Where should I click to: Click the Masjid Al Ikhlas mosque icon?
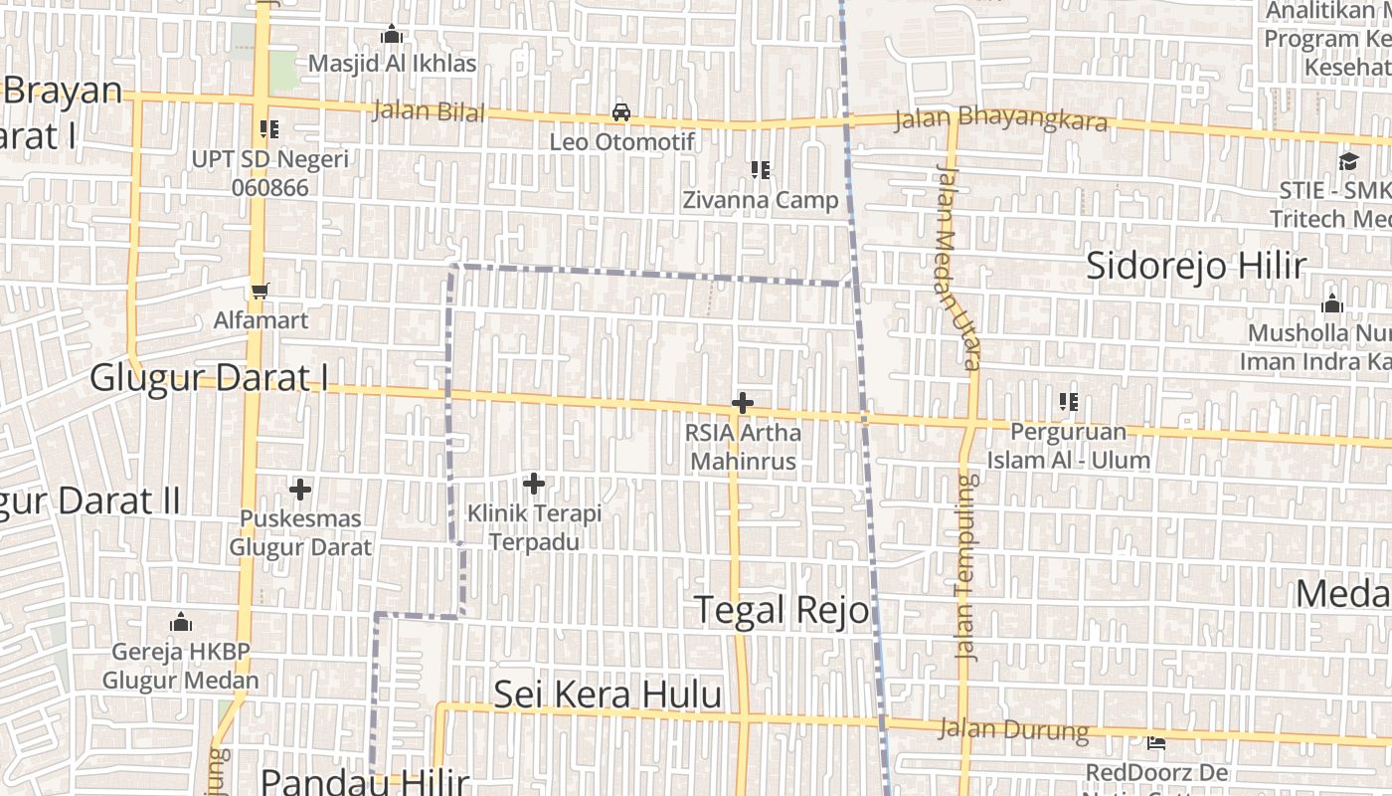(392, 35)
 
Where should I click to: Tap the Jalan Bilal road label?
(429, 110)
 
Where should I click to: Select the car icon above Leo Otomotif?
(621, 112)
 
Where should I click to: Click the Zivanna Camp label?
(761, 200)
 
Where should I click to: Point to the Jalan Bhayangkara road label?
(1000, 120)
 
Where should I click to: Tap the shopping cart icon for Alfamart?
(261, 291)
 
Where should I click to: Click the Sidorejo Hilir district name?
(1195, 266)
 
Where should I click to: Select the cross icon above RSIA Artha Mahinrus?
(742, 403)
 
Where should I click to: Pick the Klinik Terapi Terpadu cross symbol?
(534, 484)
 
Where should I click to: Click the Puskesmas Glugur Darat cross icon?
(300, 489)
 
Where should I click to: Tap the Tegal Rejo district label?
(782, 609)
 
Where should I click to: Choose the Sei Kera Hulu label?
(608, 694)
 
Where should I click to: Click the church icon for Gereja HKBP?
(181, 623)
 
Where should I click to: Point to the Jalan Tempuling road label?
(965, 567)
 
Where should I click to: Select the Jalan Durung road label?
(1014, 729)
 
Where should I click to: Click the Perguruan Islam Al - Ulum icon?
(1069, 402)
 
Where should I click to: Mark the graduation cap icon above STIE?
(1348, 161)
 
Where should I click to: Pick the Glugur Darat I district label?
(209, 378)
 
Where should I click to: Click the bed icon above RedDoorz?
(1155, 742)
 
